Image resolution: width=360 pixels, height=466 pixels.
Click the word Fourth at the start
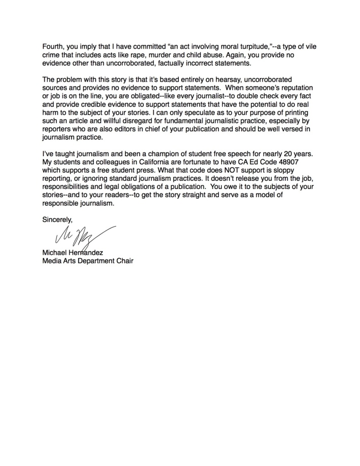pyautogui.click(x=54, y=46)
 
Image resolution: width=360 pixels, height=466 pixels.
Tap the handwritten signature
pyautogui.click(x=82, y=234)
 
